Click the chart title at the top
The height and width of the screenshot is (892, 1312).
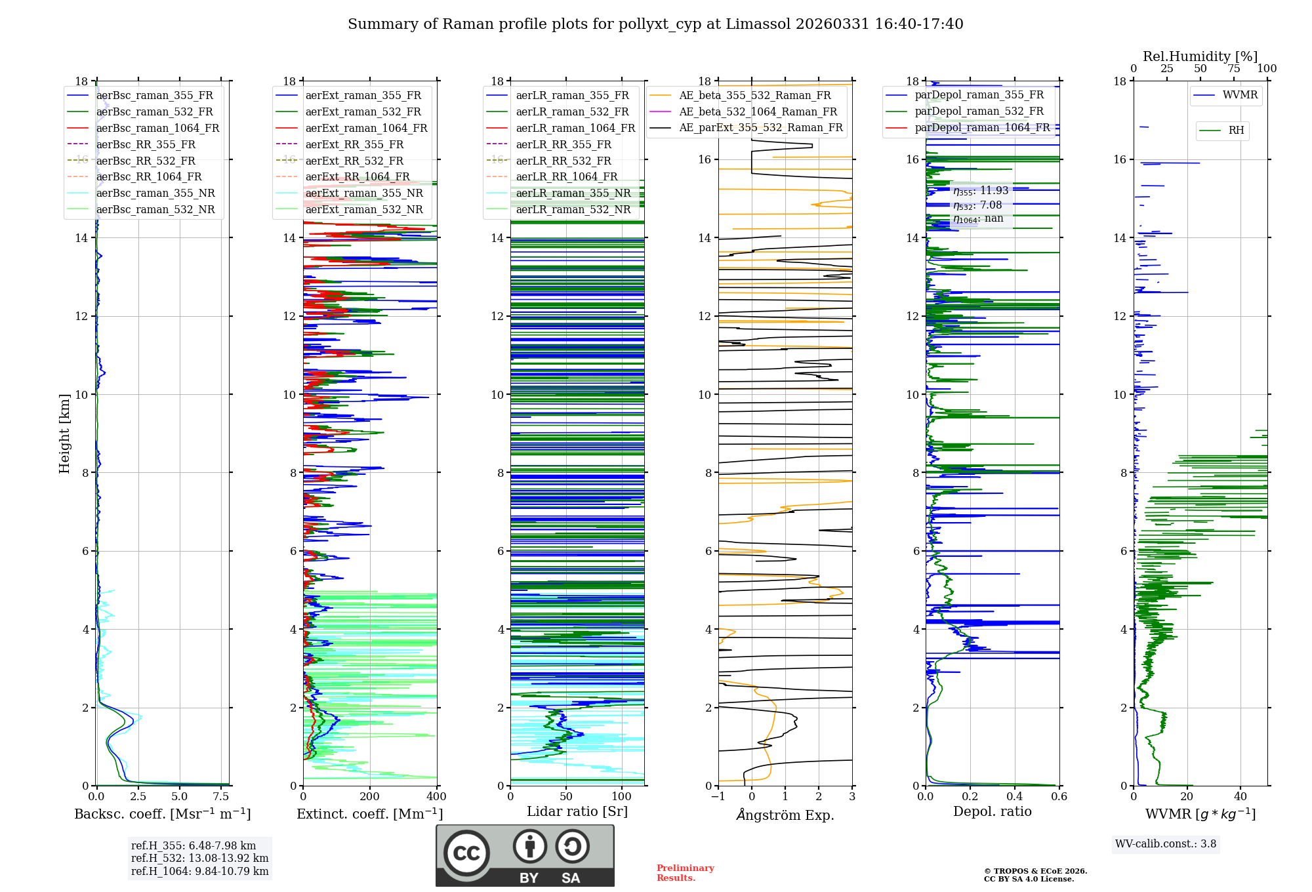coord(655,24)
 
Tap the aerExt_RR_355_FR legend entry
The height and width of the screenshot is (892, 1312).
coord(354,144)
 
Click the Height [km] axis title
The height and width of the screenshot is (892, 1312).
coord(64,433)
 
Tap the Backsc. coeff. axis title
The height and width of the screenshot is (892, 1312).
coord(162,814)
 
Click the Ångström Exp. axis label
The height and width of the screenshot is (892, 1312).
coord(785,815)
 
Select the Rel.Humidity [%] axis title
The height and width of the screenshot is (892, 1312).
coord(1200,56)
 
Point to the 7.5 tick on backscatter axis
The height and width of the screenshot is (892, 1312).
coord(222,797)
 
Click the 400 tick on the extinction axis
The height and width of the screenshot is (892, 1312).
coord(436,797)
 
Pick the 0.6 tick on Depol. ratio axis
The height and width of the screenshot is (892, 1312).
coord(1059,797)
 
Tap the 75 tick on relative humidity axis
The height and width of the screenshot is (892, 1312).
coord(1233,69)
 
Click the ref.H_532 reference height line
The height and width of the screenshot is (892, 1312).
coord(199,859)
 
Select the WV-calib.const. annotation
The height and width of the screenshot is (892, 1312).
coord(1166,844)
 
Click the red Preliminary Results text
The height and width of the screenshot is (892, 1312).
coord(685,873)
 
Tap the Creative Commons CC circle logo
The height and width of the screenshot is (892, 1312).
coord(466,853)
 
